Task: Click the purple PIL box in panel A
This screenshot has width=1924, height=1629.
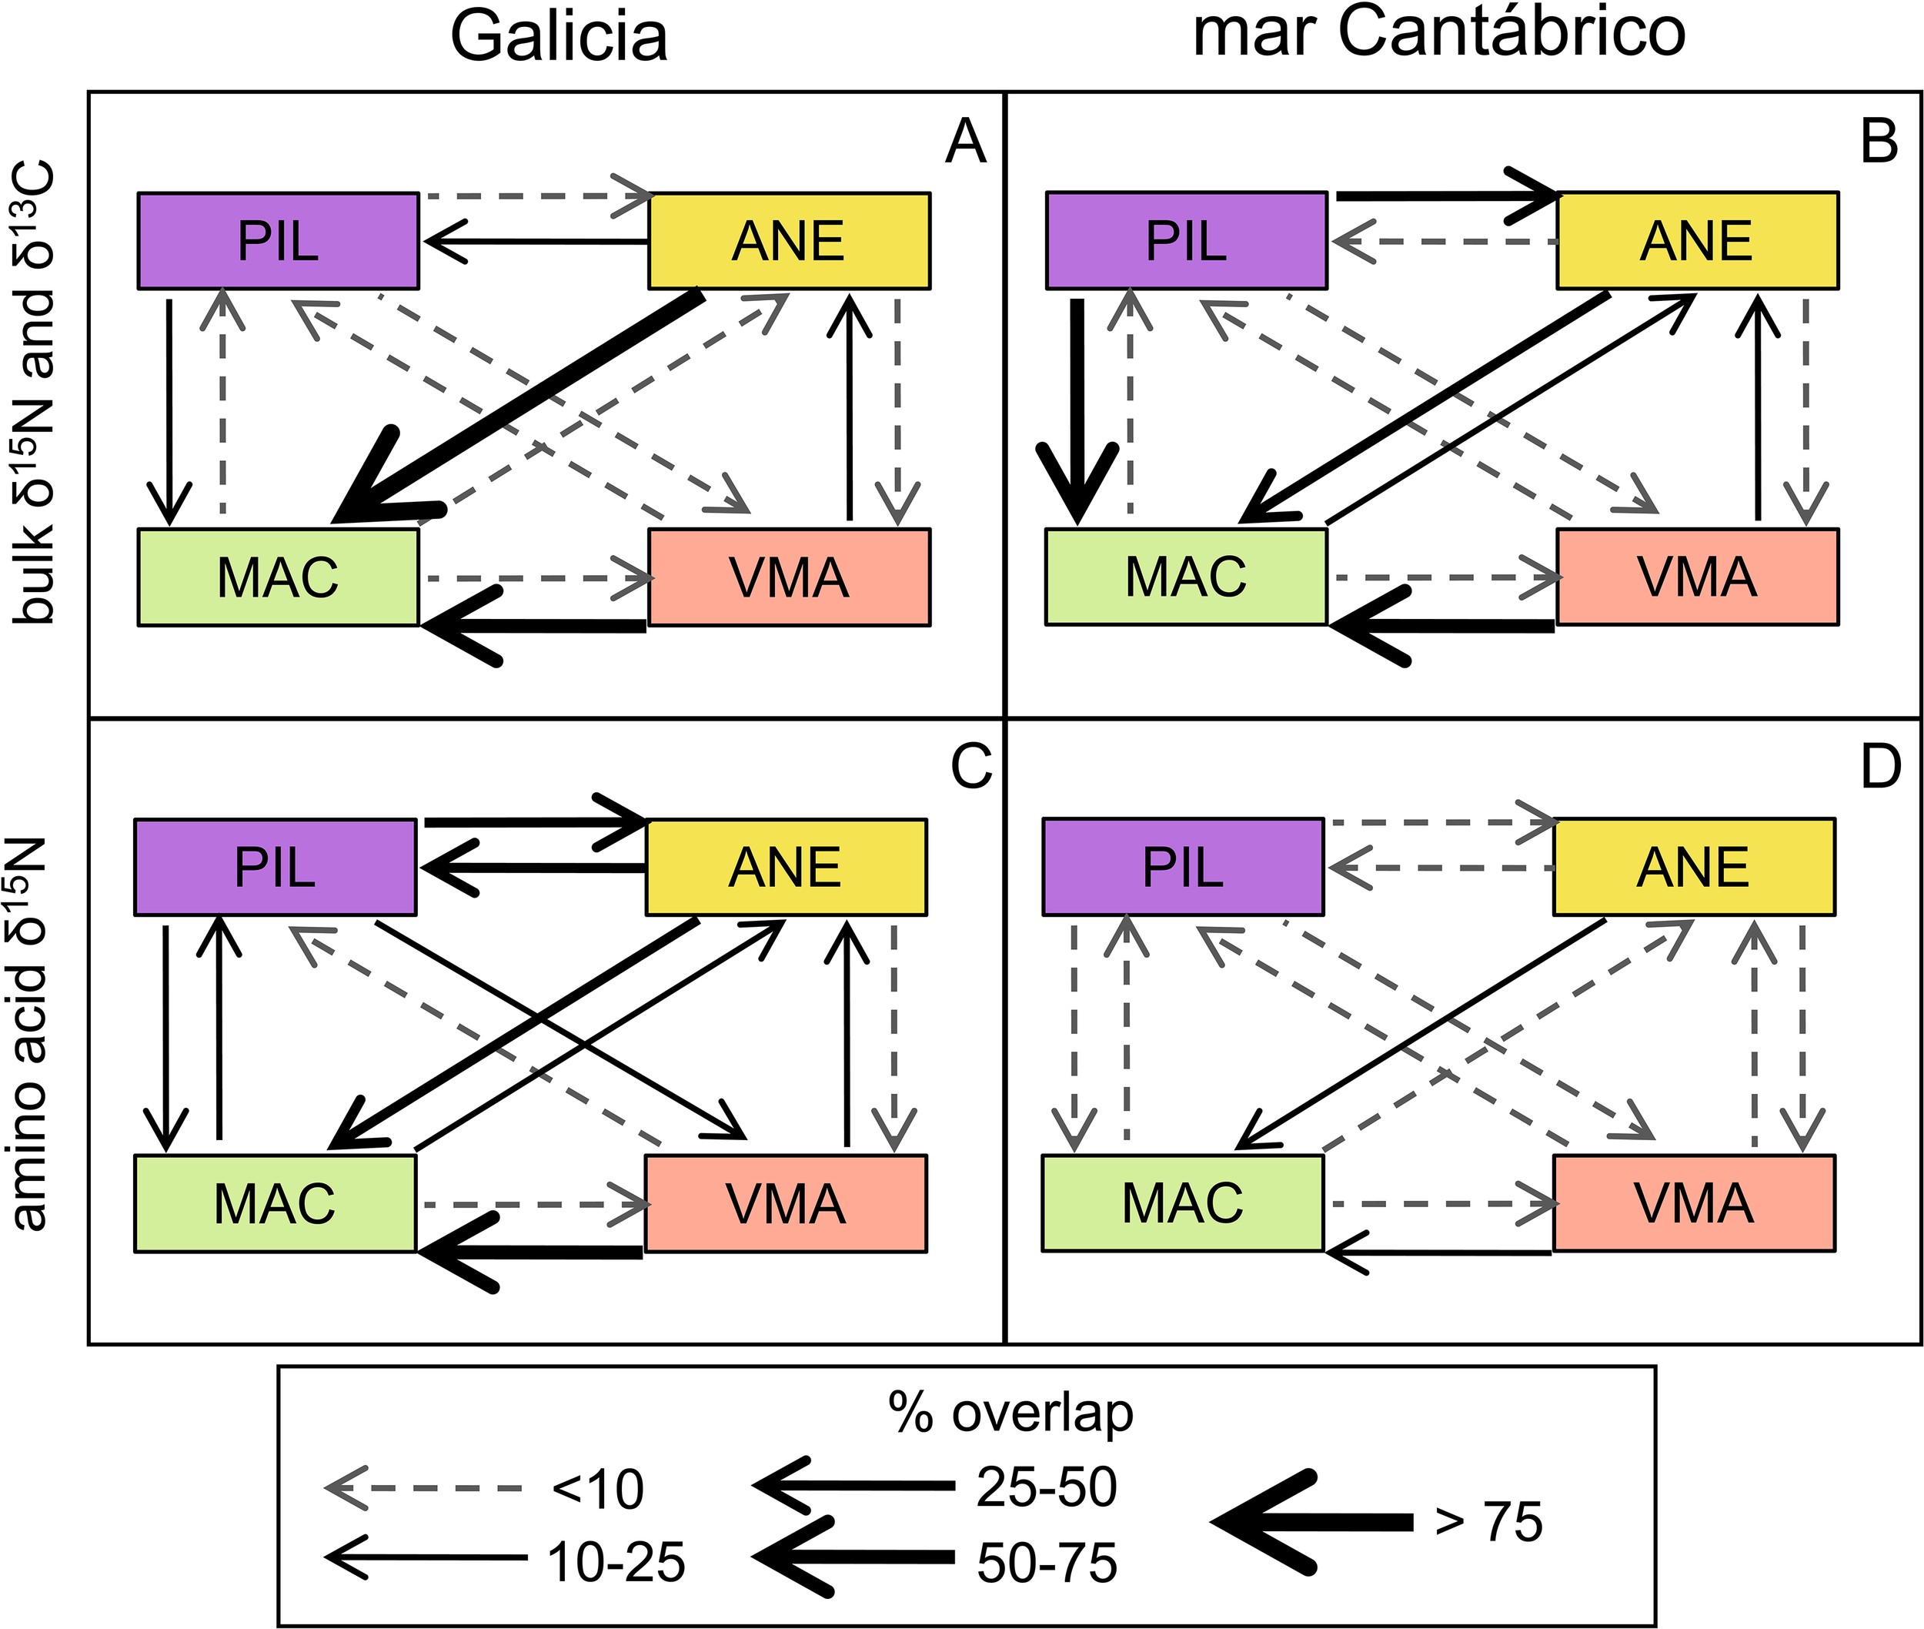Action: (x=278, y=241)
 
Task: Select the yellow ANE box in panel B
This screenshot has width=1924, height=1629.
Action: (x=1697, y=240)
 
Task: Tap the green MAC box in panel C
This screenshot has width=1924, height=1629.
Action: (x=275, y=1203)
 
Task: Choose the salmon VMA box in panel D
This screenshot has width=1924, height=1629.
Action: (x=1693, y=1203)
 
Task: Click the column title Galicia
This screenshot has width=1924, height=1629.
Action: (x=559, y=37)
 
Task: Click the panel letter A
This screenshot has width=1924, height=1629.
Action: (x=965, y=143)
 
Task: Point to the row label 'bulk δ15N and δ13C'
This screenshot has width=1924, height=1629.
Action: (x=32, y=393)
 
